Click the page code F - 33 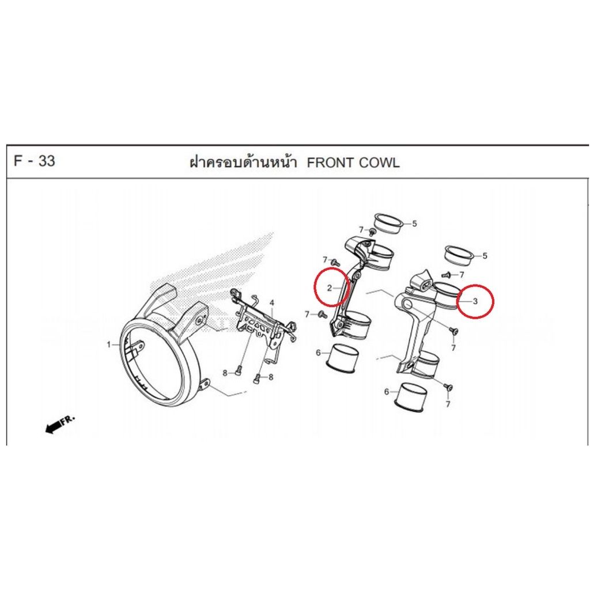34,161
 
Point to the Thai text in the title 243,162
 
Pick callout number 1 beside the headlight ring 109,345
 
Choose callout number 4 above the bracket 272,303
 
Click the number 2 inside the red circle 330,288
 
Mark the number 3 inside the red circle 475,301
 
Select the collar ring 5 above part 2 388,225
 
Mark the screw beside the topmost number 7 372,232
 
